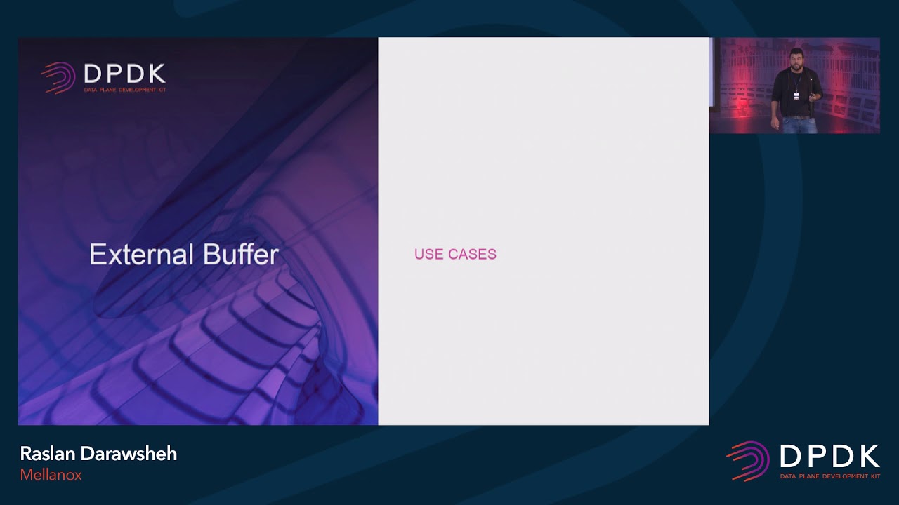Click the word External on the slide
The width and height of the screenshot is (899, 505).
click(x=133, y=254)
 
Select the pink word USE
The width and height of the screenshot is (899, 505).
click(x=428, y=255)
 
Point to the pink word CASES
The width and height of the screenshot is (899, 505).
click(x=470, y=255)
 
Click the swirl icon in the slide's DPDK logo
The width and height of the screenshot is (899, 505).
click(x=58, y=77)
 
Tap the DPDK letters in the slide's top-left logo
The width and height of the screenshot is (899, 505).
click(x=124, y=74)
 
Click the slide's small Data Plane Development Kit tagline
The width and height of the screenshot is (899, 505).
click(x=124, y=90)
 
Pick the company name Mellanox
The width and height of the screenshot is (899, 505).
click(x=51, y=475)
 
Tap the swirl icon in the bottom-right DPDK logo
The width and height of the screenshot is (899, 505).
click(x=748, y=461)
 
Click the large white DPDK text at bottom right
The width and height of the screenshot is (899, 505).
click(x=829, y=457)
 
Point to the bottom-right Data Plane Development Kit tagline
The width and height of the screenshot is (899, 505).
click(x=829, y=476)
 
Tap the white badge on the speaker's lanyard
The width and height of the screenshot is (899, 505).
click(x=796, y=96)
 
